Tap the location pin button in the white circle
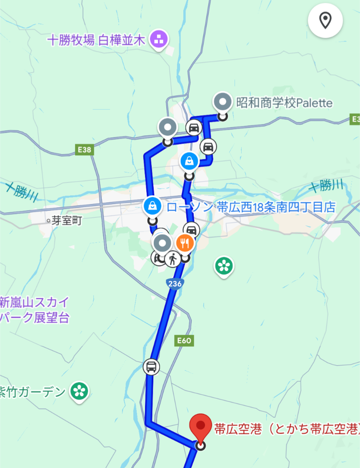pos(325,20)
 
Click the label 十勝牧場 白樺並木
pos(96,40)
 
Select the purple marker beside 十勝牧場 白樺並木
pos(159,40)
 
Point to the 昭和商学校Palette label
pos(285,102)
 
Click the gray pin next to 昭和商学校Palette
pos(222,102)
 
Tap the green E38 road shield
pos(85,149)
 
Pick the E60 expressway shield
pos(184,341)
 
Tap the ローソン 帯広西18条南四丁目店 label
pos(251,207)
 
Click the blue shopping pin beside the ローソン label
pos(152,206)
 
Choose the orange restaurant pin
pos(185,243)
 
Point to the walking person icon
pos(172,259)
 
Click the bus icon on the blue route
pos(151,367)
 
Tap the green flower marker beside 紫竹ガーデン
pos(79,391)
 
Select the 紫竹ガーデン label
pos(33,392)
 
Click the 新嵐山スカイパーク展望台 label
pos(35,310)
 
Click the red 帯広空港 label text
pos(287,428)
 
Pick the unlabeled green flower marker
pos(224,265)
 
